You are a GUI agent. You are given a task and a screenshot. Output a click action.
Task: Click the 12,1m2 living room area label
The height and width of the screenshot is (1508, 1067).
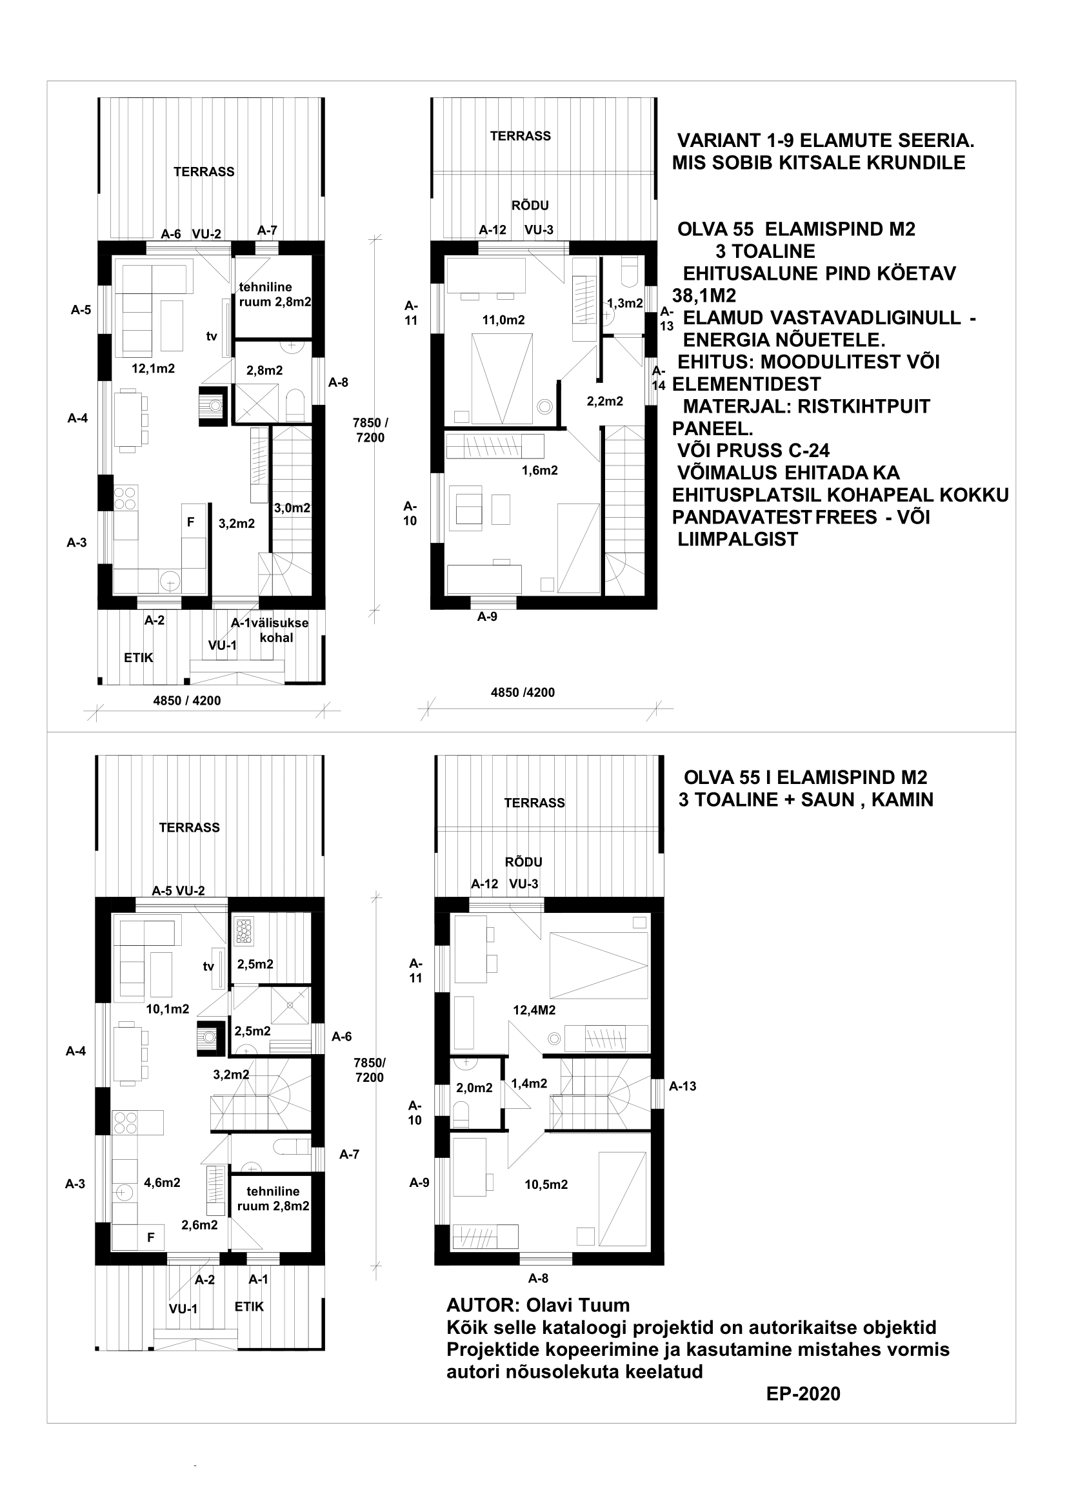point(153,369)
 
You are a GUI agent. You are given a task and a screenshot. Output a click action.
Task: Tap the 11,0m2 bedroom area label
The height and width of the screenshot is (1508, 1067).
point(503,320)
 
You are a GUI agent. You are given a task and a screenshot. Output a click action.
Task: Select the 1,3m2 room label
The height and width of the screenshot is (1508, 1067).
point(624,304)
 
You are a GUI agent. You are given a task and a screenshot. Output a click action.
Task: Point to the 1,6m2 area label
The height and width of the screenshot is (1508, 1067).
point(539,470)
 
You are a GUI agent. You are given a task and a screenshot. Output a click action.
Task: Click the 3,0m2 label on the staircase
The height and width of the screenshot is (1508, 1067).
point(292,507)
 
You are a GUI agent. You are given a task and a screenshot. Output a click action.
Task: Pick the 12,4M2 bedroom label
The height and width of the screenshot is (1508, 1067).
point(534,1010)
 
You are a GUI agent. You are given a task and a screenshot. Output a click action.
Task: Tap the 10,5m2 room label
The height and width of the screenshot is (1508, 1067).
point(546,1184)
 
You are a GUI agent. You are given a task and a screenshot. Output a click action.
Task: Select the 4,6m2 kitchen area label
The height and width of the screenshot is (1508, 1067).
point(163,1182)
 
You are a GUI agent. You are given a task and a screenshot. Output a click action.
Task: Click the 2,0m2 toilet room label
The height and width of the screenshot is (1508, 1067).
point(474,1088)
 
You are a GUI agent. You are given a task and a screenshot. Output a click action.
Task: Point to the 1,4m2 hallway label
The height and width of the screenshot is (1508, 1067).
point(529,1083)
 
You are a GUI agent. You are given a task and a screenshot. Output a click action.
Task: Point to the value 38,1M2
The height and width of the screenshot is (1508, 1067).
point(704,295)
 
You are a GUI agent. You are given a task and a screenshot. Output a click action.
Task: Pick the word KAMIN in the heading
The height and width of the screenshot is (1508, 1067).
point(903,799)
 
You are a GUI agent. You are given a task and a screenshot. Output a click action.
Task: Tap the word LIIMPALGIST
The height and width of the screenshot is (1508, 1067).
point(738,539)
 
